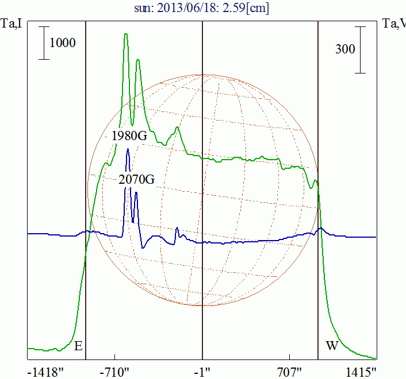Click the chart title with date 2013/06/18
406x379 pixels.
click(x=202, y=8)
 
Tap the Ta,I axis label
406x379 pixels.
click(x=12, y=24)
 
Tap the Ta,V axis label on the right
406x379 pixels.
click(x=394, y=24)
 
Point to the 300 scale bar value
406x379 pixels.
click(x=345, y=49)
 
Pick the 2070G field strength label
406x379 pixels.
click(x=137, y=179)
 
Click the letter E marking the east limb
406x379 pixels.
click(x=78, y=346)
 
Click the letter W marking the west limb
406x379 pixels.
click(x=332, y=346)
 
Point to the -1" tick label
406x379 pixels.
click(x=202, y=372)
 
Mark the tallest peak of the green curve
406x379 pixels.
click(x=125, y=34)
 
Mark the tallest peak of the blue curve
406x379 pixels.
click(x=128, y=150)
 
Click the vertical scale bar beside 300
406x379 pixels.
click(x=361, y=49)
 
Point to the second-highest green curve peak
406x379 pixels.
click(x=138, y=60)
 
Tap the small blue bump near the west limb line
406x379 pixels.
click(x=321, y=229)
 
